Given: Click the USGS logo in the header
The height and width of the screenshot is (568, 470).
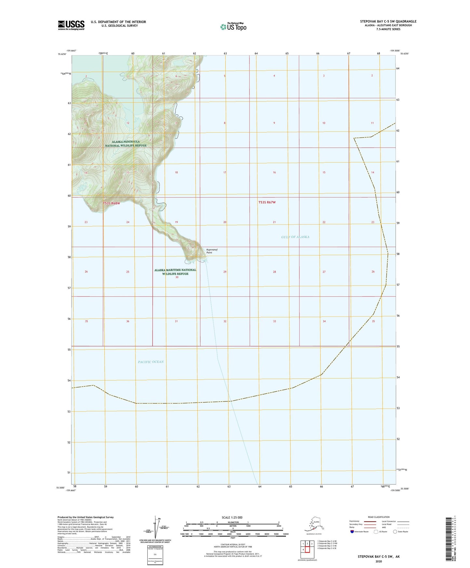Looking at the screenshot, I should pyautogui.click(x=71, y=25).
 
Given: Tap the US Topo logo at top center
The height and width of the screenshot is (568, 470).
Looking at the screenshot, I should pyautogui.click(x=233, y=27).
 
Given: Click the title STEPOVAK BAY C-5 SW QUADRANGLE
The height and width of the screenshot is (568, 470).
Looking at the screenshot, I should pyautogui.click(x=388, y=21).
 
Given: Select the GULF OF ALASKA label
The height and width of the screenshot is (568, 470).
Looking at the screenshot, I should pyautogui.click(x=295, y=237).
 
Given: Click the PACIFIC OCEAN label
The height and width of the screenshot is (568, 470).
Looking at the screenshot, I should pyautogui.click(x=151, y=362).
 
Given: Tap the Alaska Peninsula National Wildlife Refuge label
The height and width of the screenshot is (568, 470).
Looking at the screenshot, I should pyautogui.click(x=126, y=143).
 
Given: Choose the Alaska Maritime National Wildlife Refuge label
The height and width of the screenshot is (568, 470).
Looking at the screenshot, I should pyautogui.click(x=175, y=272).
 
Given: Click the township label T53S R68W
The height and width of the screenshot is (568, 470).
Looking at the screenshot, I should pyautogui.click(x=112, y=203).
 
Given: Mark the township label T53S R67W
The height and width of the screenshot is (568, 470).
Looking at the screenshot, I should pyautogui.click(x=267, y=202).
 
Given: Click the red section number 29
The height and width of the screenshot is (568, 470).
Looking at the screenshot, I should pyautogui.click(x=225, y=272).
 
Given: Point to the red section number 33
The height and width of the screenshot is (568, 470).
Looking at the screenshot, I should pyautogui.click(x=275, y=321).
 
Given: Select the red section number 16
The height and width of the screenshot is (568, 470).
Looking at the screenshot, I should pyautogui.click(x=274, y=172).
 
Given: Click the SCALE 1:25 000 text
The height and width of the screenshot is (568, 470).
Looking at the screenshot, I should pyautogui.click(x=232, y=517).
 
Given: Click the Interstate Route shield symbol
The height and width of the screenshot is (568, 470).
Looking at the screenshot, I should pyautogui.click(x=352, y=532).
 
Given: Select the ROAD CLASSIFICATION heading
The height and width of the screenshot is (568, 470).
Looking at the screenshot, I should pyautogui.click(x=379, y=517).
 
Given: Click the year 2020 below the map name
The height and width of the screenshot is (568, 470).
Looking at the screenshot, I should pyautogui.click(x=379, y=561).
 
